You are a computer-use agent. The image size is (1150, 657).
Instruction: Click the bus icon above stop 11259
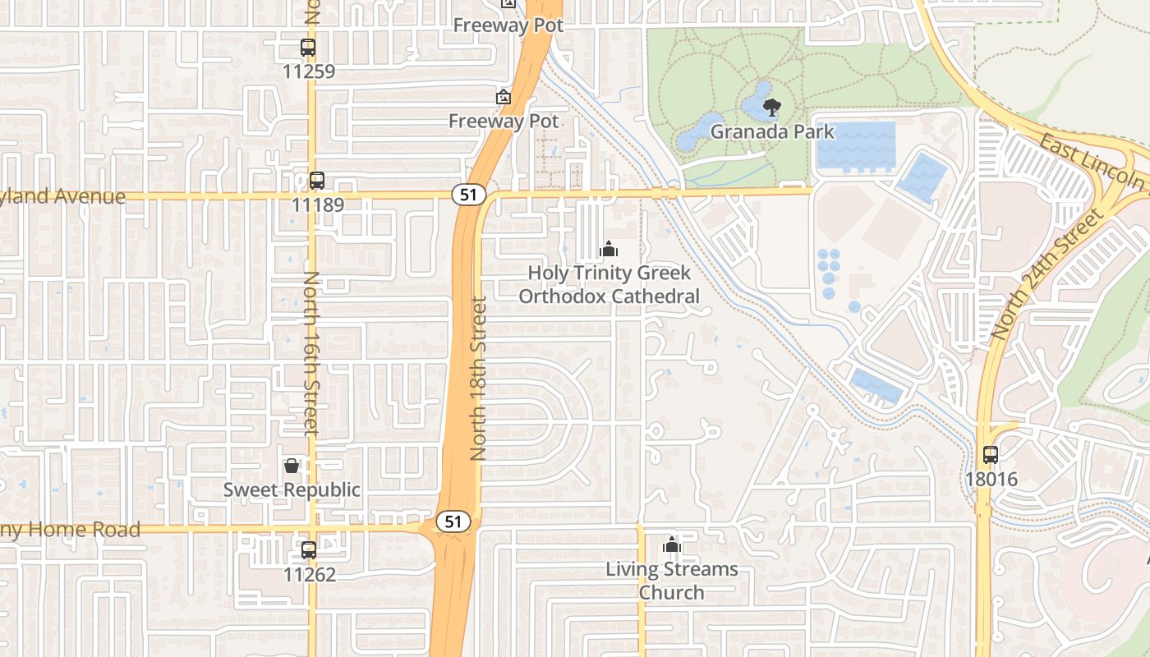[308, 48]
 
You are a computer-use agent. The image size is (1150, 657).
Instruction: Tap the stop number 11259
[308, 71]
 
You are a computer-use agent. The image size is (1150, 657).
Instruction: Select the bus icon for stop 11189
[317, 181]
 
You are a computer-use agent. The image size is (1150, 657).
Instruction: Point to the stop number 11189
[317, 204]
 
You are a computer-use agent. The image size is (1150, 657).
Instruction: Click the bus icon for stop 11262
[309, 550]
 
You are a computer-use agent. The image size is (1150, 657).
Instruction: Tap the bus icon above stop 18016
[991, 454]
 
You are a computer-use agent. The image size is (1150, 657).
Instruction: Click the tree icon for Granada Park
[772, 107]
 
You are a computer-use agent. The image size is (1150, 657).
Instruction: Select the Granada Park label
[772, 131]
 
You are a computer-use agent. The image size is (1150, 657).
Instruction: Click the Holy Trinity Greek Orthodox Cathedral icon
[609, 248]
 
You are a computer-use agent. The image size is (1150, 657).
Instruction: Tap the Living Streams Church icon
[672, 544]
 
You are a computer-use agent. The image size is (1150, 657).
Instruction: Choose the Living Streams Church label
[672, 581]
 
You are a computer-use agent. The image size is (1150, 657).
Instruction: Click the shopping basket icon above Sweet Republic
[292, 466]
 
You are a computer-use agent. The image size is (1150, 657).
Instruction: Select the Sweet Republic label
[292, 490]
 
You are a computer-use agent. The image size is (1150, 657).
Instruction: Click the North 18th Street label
[479, 378]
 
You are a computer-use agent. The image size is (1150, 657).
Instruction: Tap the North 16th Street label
[310, 353]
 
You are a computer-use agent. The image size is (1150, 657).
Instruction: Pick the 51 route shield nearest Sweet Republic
[453, 521]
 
